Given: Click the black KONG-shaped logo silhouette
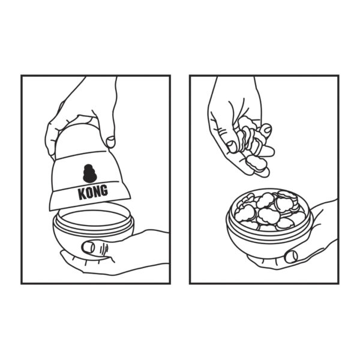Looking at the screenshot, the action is click(90, 173).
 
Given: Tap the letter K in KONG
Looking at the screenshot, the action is click(82, 194).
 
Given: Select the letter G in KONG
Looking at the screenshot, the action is click(104, 190).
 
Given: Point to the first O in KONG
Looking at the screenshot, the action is click(89, 193).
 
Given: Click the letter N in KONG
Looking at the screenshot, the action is click(97, 191).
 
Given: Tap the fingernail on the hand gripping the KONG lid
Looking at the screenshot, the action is click(111, 140).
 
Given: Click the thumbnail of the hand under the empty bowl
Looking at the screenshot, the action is click(88, 247).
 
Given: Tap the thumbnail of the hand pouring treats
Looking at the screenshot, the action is click(232, 146).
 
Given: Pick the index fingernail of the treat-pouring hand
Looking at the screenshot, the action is click(268, 129).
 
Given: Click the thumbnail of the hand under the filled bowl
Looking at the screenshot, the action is click(291, 256).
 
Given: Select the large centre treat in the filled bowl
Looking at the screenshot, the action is click(268, 215).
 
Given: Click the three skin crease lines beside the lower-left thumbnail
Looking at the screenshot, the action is click(104, 247).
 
